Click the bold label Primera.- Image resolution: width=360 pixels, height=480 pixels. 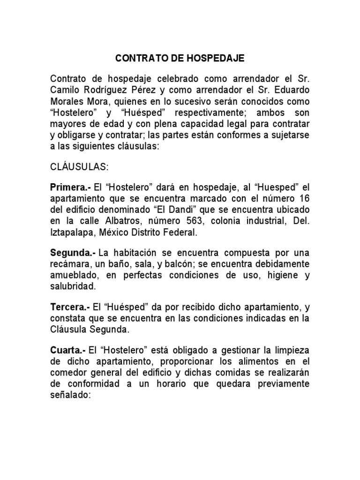pos(70,187)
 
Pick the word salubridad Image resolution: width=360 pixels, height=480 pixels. pos(72,285)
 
